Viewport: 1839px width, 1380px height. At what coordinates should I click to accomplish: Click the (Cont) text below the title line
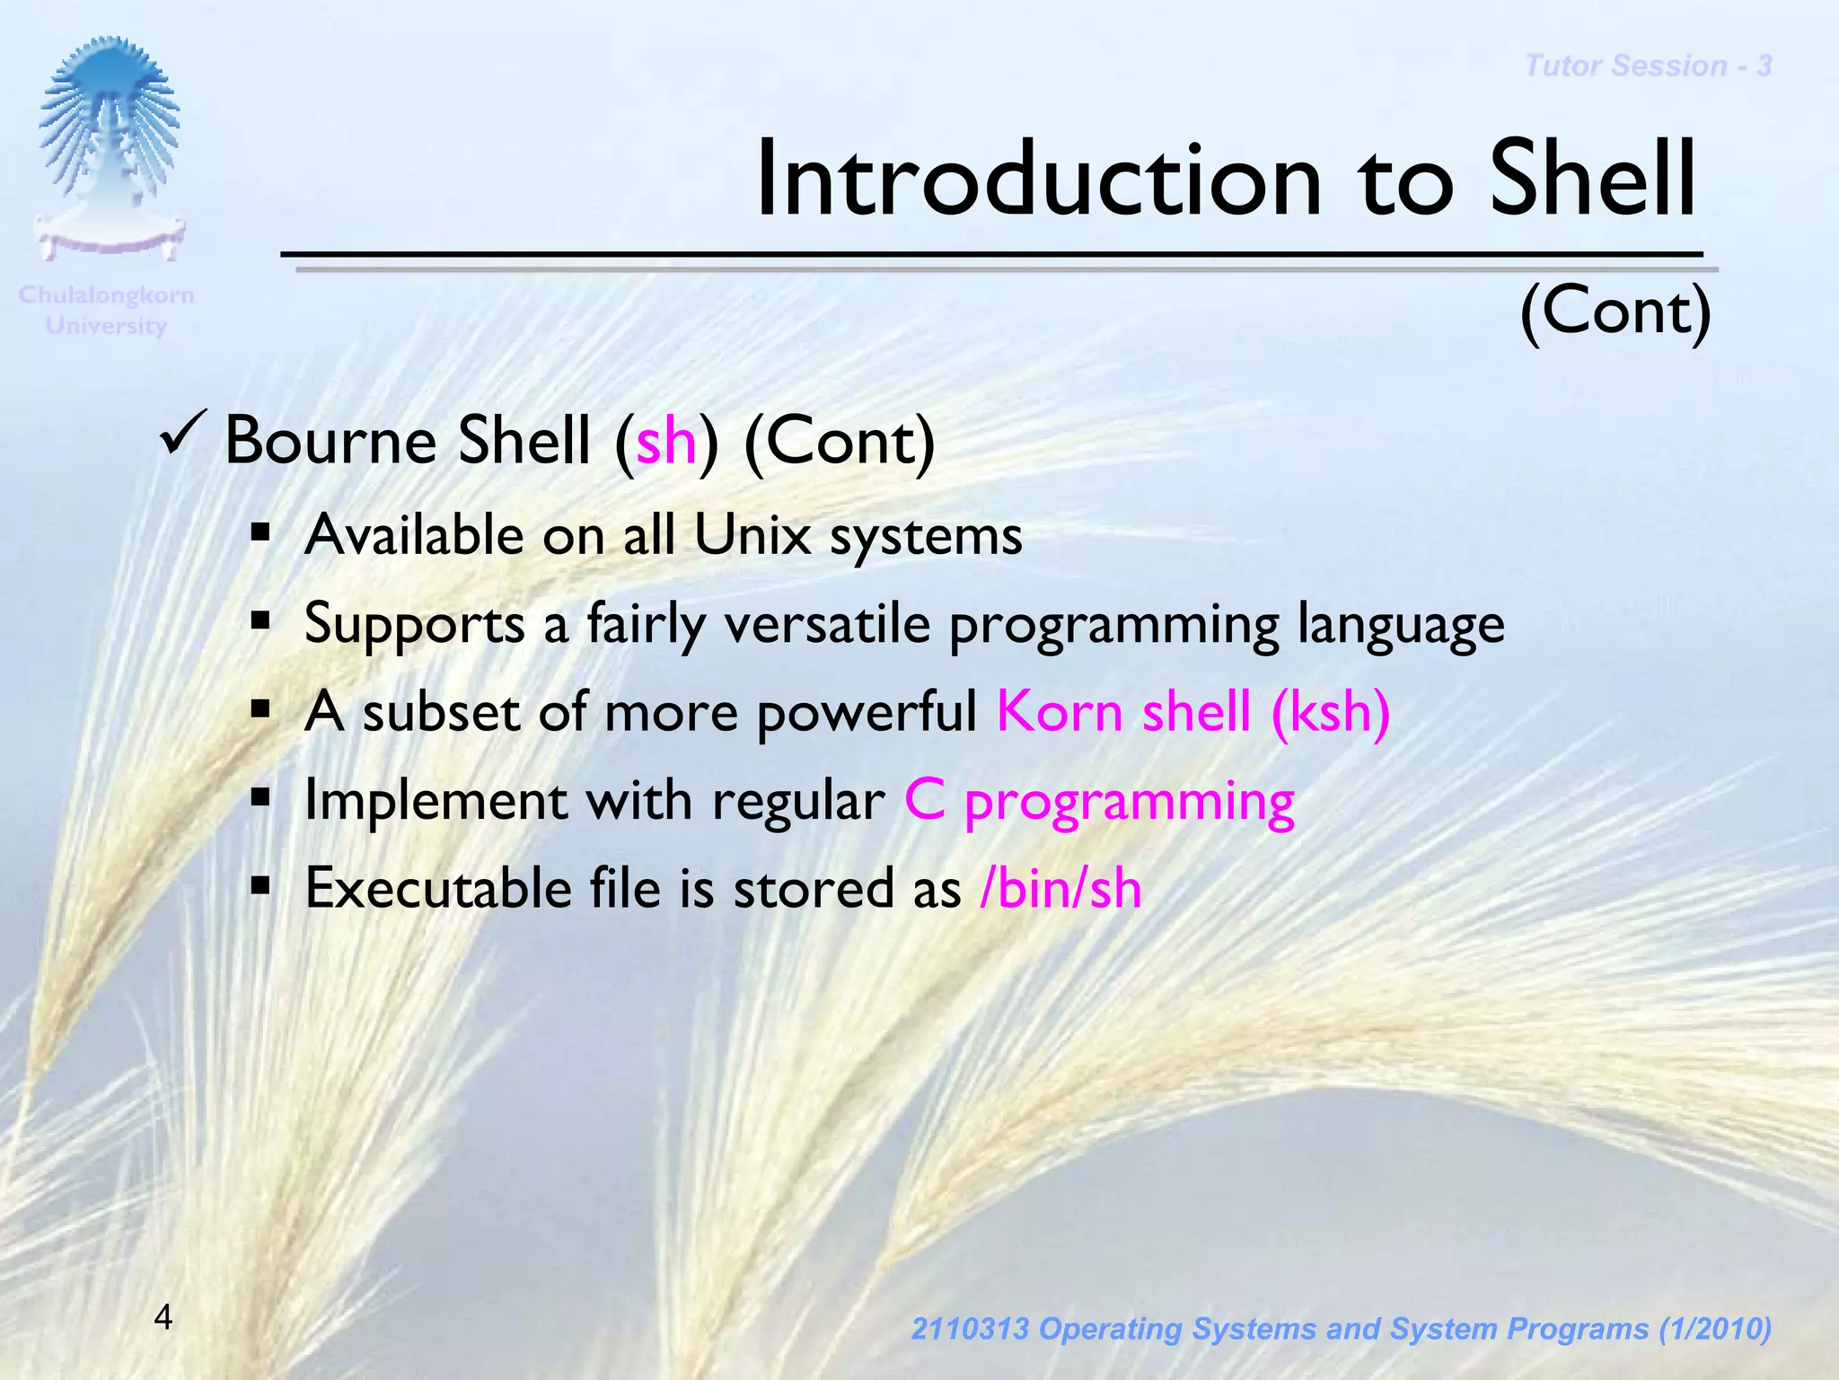click(x=1615, y=311)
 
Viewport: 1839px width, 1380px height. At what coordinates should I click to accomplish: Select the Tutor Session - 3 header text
click(x=1648, y=66)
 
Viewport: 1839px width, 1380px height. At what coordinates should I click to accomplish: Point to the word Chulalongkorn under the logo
click(x=106, y=294)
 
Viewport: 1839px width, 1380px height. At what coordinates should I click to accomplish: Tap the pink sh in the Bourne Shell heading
click(x=666, y=442)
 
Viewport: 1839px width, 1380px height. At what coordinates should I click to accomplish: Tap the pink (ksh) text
click(x=1330, y=712)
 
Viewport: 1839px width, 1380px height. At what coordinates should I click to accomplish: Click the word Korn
click(x=1060, y=712)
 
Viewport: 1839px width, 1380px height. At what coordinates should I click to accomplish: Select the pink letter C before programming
click(x=925, y=800)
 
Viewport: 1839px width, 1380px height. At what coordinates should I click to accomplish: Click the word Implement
click(x=436, y=801)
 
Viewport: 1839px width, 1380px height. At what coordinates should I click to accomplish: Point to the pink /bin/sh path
click(x=1060, y=889)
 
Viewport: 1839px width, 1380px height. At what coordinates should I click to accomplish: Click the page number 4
click(x=163, y=1317)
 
